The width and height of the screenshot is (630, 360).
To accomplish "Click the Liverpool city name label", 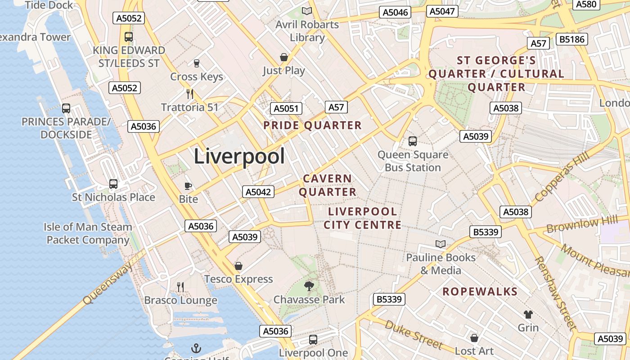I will [239, 157].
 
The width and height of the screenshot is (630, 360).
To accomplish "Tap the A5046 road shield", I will [395, 12].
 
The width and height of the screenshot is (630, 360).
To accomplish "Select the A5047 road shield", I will [442, 11].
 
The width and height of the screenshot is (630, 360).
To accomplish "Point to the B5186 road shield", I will [571, 39].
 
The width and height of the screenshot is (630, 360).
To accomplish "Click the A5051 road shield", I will [286, 108].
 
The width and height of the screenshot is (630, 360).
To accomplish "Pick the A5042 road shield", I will [258, 192].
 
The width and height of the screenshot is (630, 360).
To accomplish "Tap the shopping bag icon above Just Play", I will [284, 57].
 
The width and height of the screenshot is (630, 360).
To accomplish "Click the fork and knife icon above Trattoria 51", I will [190, 94].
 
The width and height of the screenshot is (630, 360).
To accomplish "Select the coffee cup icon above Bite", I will [188, 185].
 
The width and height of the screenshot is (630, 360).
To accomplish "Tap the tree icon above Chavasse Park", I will [309, 286].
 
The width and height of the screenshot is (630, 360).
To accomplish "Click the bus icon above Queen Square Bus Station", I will [413, 141].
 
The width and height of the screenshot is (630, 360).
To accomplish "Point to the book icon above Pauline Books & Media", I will [441, 244].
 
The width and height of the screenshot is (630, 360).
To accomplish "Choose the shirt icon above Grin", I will [528, 314].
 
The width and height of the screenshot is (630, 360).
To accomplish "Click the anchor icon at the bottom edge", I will [196, 348].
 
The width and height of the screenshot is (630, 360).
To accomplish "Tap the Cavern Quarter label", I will [328, 185].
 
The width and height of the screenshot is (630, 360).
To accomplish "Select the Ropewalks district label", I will [480, 292].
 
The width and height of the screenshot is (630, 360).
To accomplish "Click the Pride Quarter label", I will [313, 126].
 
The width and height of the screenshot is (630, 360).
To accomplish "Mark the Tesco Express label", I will [238, 279].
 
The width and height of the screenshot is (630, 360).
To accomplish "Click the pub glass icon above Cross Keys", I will [196, 63].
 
